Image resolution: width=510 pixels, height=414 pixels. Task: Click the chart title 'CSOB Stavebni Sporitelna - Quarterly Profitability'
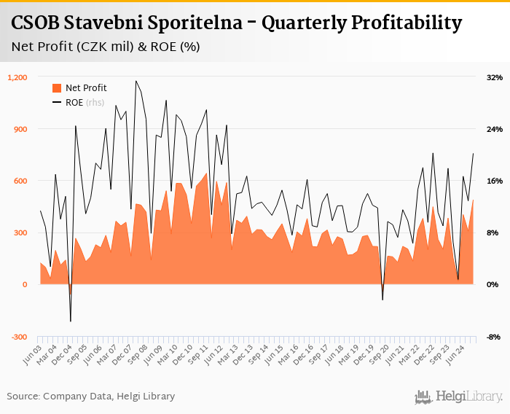pos(236,23)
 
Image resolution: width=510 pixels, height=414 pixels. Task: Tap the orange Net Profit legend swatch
pos(57,88)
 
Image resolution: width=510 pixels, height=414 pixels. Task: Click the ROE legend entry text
pos(74,102)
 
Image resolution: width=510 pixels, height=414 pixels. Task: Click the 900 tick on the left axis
pos(20,129)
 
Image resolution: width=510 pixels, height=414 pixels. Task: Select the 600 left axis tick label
pos(20,181)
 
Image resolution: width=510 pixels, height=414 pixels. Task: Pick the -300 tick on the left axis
pos(19,337)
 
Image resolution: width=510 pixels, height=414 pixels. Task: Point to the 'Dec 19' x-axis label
pos(361,353)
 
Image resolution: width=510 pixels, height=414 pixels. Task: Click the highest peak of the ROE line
pos(136,81)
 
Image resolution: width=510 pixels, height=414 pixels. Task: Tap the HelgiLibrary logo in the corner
pos(459,397)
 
